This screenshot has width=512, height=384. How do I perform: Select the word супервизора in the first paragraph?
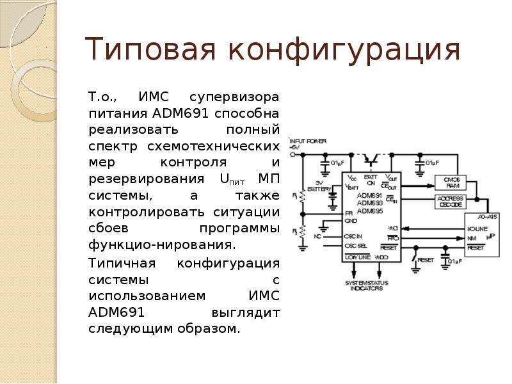[x=234, y=98]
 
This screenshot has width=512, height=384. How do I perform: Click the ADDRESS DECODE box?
[x=450, y=202]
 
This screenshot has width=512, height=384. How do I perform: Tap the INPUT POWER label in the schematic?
[x=308, y=141]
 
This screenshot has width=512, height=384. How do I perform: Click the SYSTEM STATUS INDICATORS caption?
[x=366, y=285]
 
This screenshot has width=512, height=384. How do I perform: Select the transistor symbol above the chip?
[x=370, y=157]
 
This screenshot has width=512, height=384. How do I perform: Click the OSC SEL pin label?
[x=356, y=245]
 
